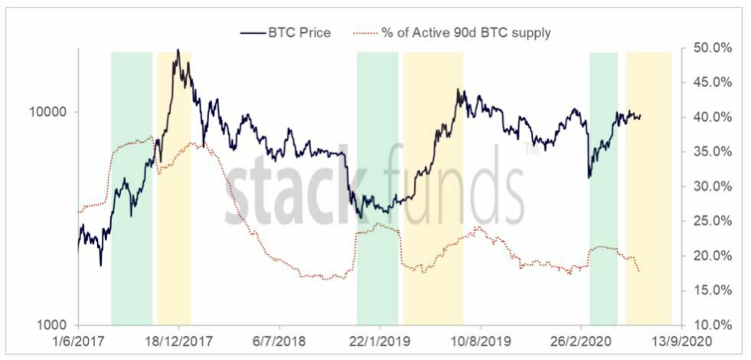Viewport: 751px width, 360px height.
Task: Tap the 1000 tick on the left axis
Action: point(54,325)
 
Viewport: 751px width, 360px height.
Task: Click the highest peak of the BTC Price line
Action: point(178,51)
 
